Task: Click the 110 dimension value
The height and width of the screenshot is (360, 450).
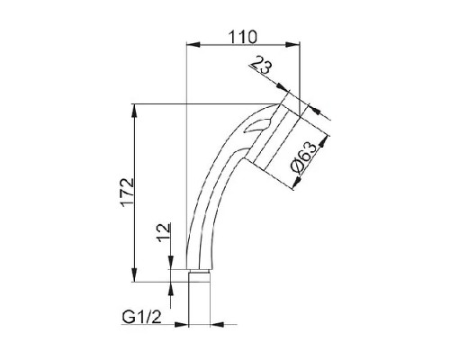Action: [243, 37]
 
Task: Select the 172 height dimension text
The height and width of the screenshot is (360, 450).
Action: [127, 193]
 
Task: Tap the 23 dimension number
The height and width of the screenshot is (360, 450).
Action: [260, 67]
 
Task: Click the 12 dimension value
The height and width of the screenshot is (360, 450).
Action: [164, 233]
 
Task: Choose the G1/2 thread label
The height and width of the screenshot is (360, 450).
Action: [141, 317]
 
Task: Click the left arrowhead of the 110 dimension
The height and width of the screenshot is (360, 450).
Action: [193, 45]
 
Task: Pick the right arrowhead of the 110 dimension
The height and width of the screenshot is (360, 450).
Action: [292, 45]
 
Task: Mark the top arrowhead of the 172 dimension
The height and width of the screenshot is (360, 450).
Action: [135, 112]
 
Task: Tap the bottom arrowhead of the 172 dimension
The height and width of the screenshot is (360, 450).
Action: [135, 274]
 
